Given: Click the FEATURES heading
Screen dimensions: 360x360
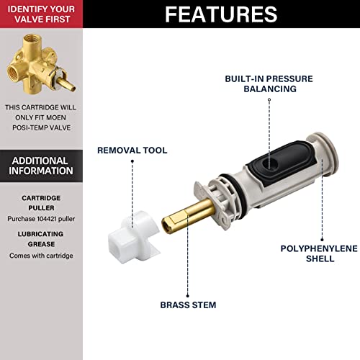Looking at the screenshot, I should pyautogui.click(x=221, y=14).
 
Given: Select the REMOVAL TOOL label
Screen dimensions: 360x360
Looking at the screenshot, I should pyautogui.click(x=132, y=150).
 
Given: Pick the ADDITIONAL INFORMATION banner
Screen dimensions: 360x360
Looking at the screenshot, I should pyautogui.click(x=41, y=166).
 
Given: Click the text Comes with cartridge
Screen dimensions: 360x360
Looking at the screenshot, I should pyautogui.click(x=41, y=256).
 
